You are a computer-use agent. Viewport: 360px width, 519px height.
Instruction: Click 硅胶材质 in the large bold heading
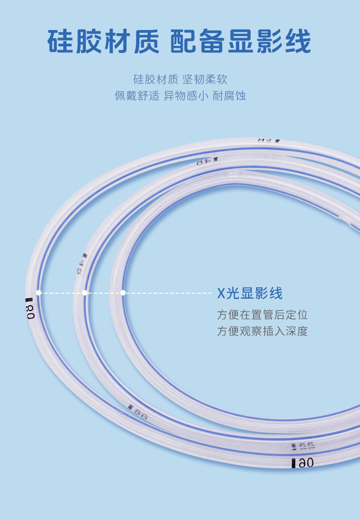coord(103,42)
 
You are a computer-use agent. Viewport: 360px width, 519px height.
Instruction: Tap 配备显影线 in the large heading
coord(241,42)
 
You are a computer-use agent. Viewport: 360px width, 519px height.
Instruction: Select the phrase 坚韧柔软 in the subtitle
coord(205,80)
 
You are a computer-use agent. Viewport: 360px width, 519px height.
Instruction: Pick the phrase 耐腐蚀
coord(229,96)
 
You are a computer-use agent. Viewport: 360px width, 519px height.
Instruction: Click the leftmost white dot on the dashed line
coord(39,293)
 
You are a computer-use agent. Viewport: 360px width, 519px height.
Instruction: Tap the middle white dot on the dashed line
coord(85,293)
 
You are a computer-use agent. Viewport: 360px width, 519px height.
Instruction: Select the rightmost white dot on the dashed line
coord(123,293)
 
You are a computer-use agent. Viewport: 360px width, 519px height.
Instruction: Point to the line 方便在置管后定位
coord(262,315)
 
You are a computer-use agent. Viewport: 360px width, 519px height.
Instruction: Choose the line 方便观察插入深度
coord(262,331)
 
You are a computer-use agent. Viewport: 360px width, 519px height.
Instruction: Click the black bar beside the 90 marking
coord(293,463)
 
